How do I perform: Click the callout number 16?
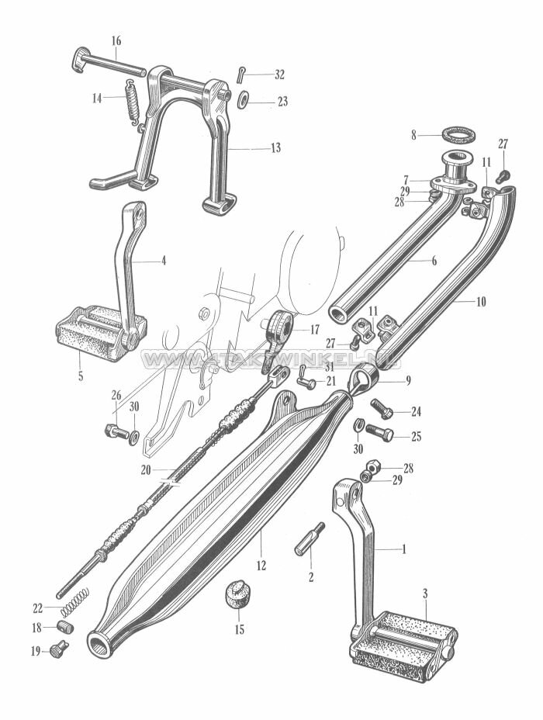[x=116, y=40]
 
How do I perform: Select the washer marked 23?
[x=243, y=101]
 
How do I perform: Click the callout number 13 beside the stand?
[x=275, y=147]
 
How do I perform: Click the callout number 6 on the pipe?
[x=434, y=261]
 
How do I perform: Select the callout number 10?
[x=481, y=301]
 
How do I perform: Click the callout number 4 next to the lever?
[x=163, y=261]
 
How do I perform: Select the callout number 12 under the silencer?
[x=261, y=566]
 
